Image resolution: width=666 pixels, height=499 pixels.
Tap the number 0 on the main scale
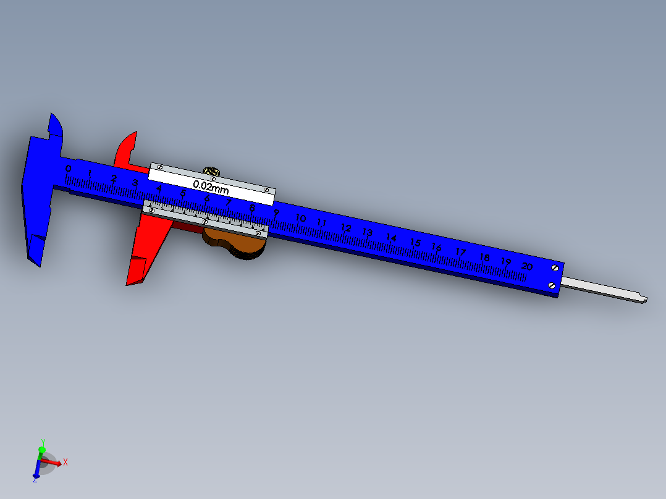[68, 169]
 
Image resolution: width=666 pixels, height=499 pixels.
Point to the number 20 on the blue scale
[526, 266]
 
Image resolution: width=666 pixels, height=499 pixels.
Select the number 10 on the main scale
[301, 219]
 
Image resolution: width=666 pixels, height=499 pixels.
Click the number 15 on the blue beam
[415, 243]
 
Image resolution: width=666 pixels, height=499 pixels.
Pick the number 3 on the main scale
[135, 183]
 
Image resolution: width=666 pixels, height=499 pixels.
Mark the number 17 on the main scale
[460, 252]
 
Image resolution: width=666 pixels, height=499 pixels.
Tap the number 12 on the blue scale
[345, 228]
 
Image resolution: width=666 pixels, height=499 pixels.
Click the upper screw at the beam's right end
[554, 268]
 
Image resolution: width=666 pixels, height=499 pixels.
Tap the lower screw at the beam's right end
[552, 285]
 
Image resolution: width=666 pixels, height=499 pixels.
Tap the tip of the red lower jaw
[130, 282]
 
